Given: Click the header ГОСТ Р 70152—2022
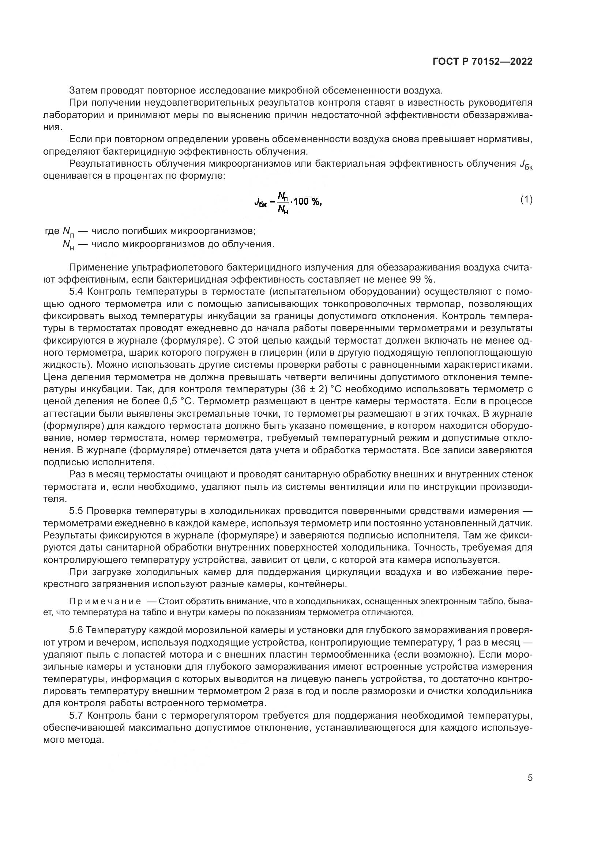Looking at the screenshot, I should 482,62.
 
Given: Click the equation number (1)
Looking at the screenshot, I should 526,200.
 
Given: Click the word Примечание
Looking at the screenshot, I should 105,602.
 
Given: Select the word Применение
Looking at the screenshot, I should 98,267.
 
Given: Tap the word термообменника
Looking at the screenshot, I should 378,654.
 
